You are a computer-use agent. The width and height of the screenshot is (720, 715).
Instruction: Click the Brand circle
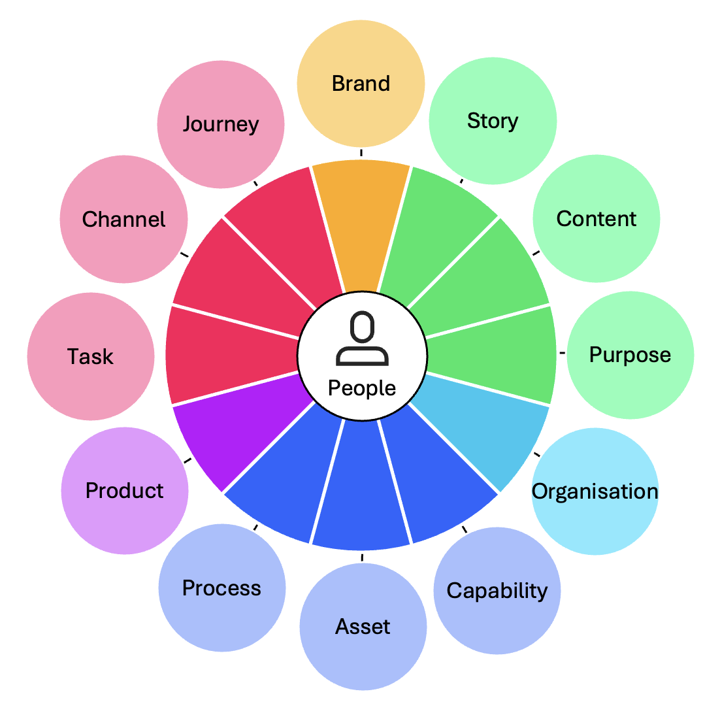[x=361, y=84]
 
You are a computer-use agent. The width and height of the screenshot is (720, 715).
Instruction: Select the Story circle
[x=493, y=121]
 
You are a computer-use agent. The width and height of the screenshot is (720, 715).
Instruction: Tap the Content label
[x=596, y=218]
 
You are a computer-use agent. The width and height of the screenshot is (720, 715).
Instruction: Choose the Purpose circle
[x=630, y=355]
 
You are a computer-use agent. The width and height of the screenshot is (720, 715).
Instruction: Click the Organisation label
[x=595, y=491]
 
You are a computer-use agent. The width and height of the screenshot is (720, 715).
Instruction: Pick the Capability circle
[x=497, y=590]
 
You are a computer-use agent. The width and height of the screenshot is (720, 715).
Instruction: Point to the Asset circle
[x=363, y=626]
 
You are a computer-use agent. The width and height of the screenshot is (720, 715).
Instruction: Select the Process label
[x=221, y=588]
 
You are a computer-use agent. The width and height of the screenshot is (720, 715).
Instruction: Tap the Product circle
[x=125, y=490]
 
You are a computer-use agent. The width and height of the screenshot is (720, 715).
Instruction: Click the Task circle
[x=91, y=356]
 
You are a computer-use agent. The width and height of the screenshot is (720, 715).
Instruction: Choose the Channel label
[x=123, y=219]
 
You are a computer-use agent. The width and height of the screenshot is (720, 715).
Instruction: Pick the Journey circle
[x=221, y=124]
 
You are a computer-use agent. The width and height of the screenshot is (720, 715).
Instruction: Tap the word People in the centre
[x=362, y=388]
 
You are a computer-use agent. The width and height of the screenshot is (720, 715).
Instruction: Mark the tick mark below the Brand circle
[x=361, y=153]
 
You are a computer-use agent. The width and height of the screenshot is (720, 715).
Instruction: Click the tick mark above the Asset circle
[x=362, y=557]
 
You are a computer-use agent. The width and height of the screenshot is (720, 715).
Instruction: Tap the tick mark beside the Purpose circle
[x=562, y=354]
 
